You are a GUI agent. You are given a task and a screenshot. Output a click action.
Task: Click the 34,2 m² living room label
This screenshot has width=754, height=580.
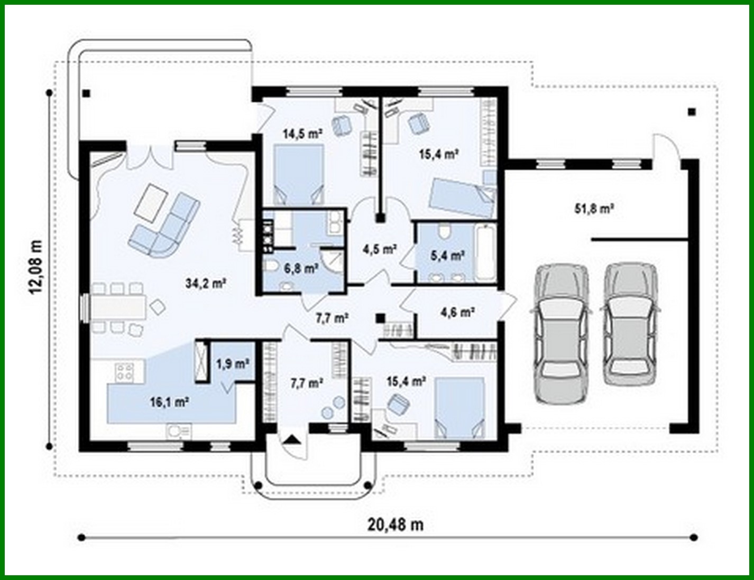point(206,284)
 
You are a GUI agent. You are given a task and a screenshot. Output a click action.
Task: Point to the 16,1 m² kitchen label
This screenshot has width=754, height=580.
point(170,403)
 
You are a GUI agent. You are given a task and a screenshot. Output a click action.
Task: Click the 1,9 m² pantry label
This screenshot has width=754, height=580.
point(233,364)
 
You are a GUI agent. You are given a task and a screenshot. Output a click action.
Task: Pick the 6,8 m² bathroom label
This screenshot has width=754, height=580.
point(301,268)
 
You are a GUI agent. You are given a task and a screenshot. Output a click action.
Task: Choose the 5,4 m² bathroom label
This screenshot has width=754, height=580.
point(447,256)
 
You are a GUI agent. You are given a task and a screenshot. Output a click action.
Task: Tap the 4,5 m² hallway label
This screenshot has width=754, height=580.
point(380,249)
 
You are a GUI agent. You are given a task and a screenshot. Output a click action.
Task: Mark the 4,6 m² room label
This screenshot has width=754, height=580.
point(457,312)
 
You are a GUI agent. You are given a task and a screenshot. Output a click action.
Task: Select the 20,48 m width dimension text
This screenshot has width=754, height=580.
point(396,525)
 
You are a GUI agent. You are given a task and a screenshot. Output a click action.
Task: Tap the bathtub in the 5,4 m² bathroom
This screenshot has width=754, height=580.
point(485,252)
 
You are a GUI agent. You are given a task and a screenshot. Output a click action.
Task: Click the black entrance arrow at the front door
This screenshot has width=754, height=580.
point(291,440)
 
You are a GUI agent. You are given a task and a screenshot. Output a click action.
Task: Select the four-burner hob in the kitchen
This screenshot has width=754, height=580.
point(125,371)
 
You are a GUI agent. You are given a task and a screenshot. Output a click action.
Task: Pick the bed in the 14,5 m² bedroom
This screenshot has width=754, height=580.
point(299,175)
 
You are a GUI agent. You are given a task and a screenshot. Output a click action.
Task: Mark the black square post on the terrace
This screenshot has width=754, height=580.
point(86,94)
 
